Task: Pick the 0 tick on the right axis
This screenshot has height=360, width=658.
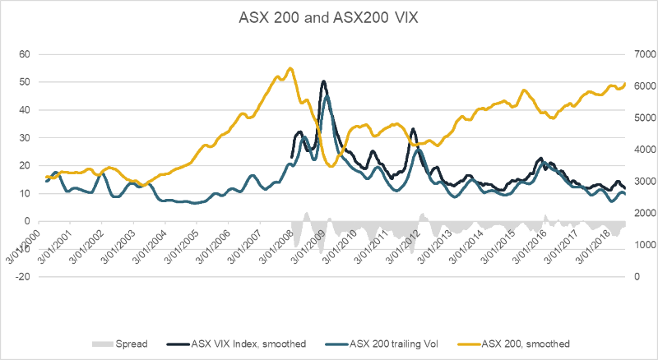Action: click(x=635, y=277)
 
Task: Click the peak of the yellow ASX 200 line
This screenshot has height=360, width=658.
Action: click(x=290, y=68)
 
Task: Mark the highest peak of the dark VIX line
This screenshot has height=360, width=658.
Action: click(x=324, y=81)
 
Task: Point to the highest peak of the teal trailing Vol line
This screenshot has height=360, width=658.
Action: click(x=327, y=96)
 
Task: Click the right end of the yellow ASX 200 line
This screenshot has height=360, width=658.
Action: click(x=625, y=83)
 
